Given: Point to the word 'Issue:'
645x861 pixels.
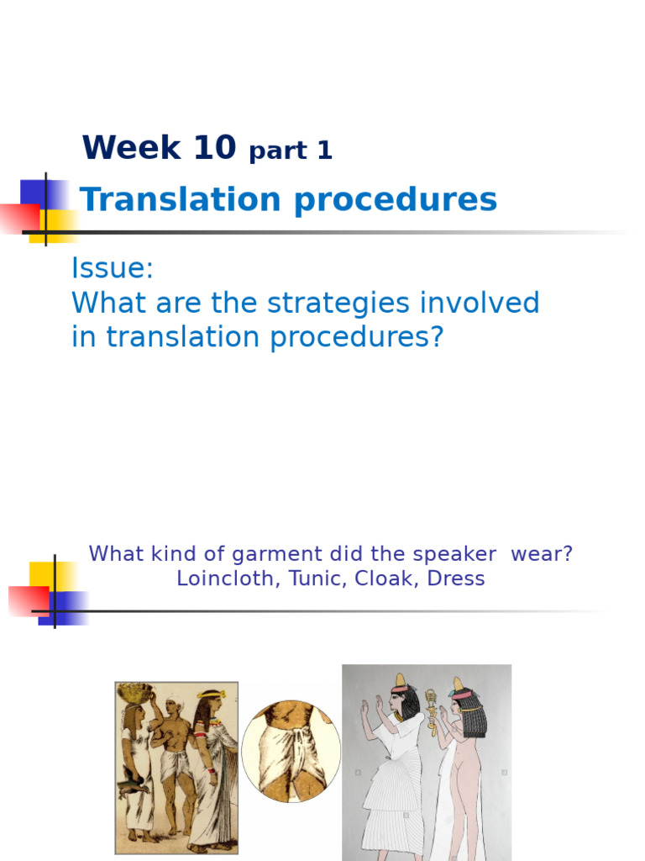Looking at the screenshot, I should [113, 269].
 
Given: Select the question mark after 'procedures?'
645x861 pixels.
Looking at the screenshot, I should [435, 338].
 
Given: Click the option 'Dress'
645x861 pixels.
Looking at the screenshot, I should [454, 579].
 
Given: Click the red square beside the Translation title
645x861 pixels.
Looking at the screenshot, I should [18, 218].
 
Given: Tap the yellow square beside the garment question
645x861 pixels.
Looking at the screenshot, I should [43, 575].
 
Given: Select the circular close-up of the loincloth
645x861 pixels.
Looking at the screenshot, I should [291, 751].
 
